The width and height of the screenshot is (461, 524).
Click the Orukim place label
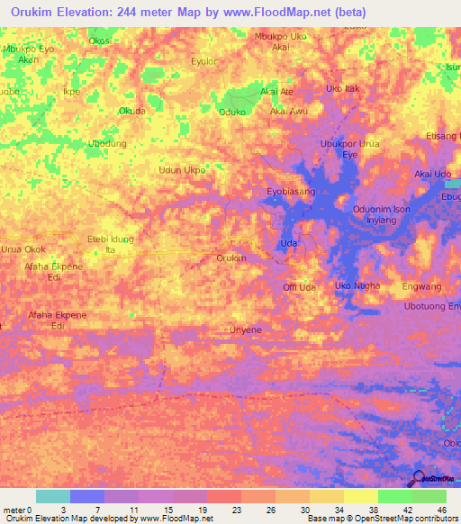231,258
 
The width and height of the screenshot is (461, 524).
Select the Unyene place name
246,330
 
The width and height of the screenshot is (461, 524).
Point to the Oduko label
232,112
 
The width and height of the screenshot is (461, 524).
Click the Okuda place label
132,112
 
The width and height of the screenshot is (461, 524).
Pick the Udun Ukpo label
182,169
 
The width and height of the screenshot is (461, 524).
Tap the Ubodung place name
106,143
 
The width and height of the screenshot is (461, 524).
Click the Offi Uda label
299,287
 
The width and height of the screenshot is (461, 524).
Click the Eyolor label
203,63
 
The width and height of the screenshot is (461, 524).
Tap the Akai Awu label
289,112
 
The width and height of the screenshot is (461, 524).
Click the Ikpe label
69,91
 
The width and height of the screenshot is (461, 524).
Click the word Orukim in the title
33,11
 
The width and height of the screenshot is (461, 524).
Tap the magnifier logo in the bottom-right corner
418,478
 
